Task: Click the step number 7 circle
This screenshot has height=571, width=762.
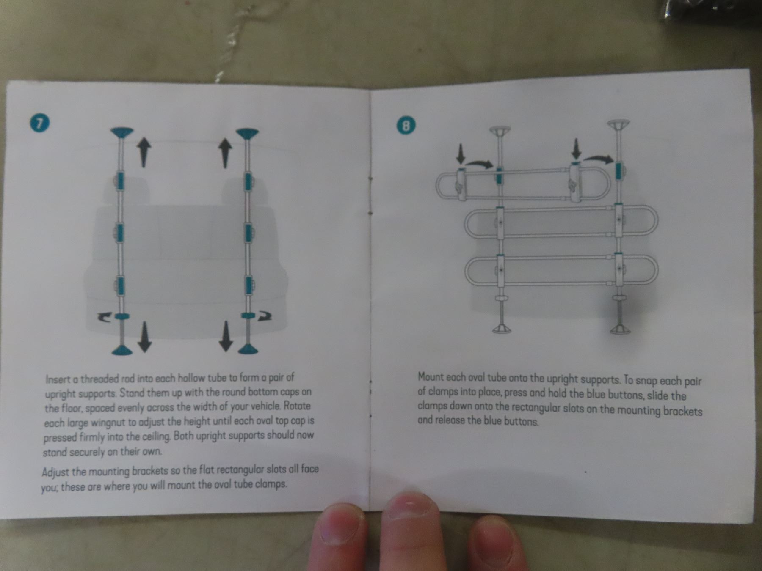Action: (x=40, y=123)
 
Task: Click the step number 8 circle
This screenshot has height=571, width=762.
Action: (x=406, y=126)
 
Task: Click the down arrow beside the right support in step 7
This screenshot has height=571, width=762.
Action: (x=226, y=336)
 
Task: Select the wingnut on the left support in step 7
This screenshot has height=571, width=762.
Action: (x=121, y=316)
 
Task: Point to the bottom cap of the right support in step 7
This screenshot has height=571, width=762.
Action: (x=248, y=349)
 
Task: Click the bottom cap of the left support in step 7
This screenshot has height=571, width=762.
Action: (x=122, y=349)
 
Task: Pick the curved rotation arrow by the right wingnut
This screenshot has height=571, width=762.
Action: (x=263, y=316)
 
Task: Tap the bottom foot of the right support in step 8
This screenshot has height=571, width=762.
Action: (x=620, y=329)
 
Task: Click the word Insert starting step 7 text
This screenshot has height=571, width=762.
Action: (x=56, y=379)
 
